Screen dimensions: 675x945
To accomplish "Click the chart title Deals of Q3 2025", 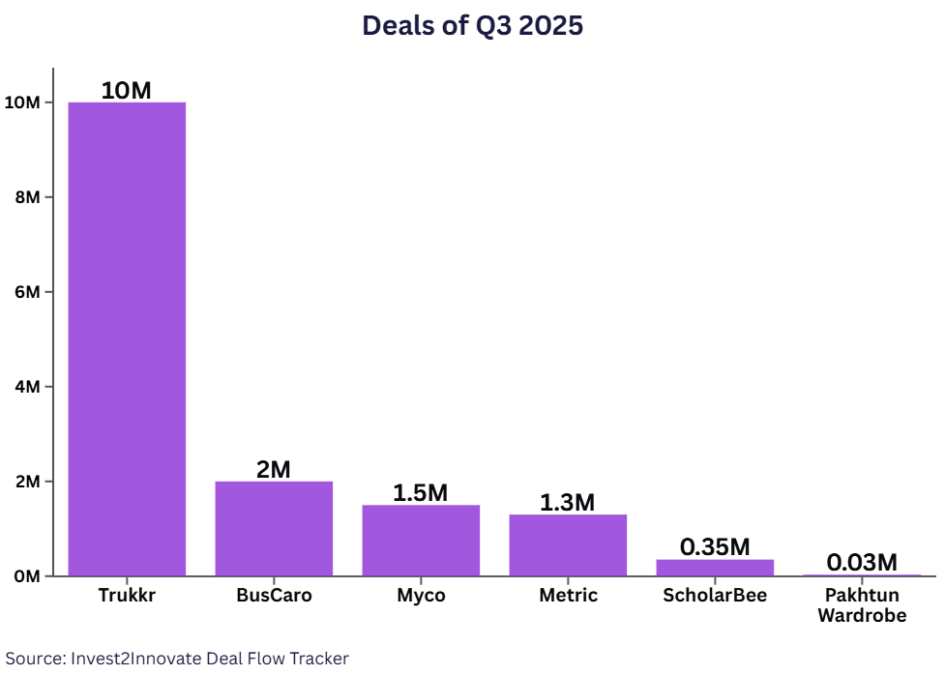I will coord(472,26).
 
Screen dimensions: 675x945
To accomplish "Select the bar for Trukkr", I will coord(127,338).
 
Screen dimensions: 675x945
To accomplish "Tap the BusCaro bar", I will coord(274,528).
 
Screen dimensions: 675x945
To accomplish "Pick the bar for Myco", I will coord(421,540).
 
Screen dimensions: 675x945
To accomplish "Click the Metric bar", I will coord(568,544).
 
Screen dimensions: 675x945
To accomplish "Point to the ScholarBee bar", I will coord(715,568).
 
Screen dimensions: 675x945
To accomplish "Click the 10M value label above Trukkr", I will coord(127,91).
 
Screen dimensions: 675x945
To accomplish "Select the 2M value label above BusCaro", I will coord(274,470).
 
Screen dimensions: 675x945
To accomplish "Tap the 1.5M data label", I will coord(421,493).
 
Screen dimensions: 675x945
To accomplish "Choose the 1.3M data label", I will coord(568,503).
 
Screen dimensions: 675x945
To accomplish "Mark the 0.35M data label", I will coord(715,547).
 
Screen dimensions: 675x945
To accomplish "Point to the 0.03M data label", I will coord(862,562).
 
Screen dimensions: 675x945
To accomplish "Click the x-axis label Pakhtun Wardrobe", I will coord(862,605).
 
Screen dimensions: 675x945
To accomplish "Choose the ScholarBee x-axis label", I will coord(715,596).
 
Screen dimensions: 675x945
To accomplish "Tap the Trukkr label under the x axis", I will coord(127,596).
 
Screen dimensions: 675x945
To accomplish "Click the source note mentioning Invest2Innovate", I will coord(177,659).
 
